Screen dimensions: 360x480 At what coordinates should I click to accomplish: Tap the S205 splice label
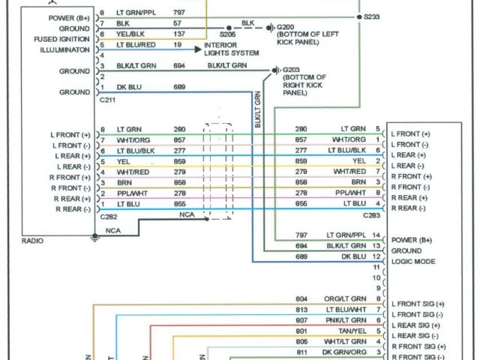(x=228, y=34)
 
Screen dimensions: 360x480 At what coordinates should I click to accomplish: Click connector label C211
(x=108, y=99)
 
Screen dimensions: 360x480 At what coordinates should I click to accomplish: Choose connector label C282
(x=108, y=216)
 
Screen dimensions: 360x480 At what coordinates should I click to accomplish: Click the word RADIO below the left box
(x=33, y=241)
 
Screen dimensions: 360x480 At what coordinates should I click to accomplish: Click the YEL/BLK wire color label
(x=130, y=34)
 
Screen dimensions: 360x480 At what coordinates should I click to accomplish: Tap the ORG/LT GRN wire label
(x=344, y=298)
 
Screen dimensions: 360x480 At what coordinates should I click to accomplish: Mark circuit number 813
(x=302, y=309)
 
